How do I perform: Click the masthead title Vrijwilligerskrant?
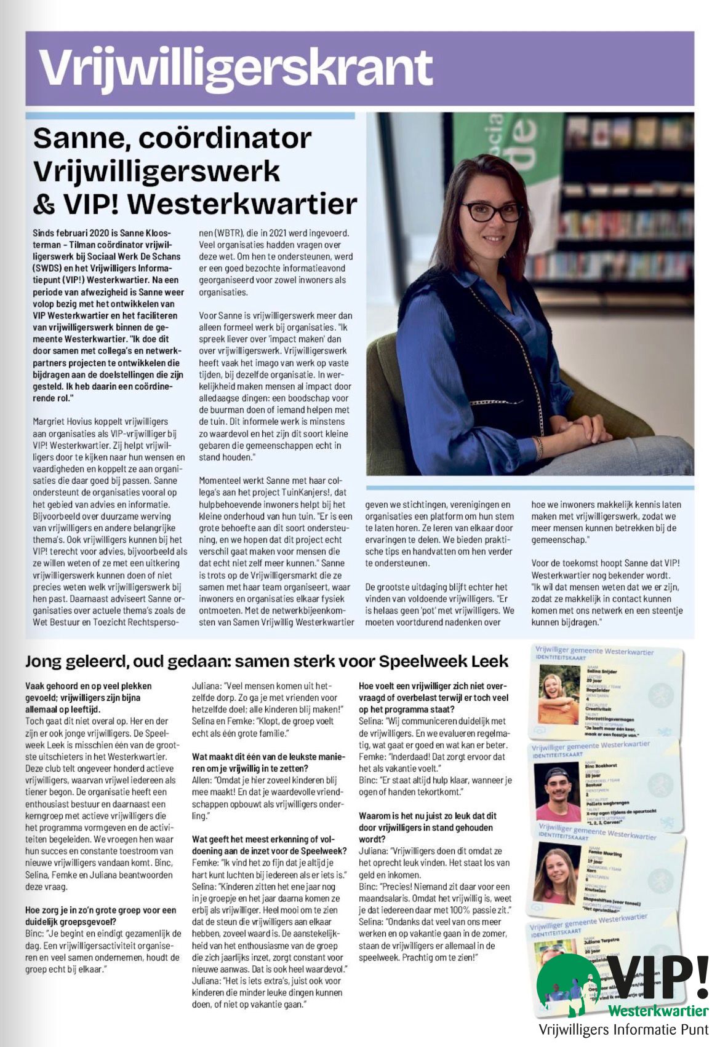[x=236, y=68]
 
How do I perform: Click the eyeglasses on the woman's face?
[x=492, y=211]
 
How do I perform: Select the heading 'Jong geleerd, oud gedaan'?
[x=266, y=661]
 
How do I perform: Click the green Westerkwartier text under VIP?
[x=658, y=1011]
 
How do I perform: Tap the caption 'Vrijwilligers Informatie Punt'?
[x=623, y=1029]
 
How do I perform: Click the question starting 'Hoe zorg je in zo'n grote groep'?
[x=101, y=915]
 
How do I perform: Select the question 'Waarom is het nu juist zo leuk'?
[x=428, y=827]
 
